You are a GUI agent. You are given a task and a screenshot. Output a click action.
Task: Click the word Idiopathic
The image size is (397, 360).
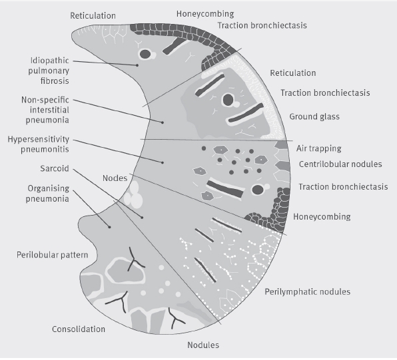[x=49, y=61]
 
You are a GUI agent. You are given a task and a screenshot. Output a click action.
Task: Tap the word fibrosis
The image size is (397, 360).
[x=55, y=81]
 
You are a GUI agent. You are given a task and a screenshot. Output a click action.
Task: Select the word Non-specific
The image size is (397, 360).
[x=45, y=100]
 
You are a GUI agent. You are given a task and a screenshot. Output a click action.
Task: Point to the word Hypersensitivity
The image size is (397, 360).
[x=38, y=139]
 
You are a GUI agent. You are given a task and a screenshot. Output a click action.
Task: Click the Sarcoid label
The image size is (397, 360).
[x=55, y=168]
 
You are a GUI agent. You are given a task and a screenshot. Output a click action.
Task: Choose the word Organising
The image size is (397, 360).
[x=49, y=189]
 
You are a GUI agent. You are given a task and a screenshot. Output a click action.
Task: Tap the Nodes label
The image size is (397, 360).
[x=115, y=178]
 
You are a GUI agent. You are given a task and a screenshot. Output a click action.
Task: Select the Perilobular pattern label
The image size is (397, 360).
[x=53, y=255]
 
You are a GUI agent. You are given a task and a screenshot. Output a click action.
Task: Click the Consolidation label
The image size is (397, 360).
[x=79, y=329]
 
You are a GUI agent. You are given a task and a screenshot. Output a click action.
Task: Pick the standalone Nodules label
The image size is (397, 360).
[x=203, y=345]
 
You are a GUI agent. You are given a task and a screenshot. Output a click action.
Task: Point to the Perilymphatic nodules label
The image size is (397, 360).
[x=308, y=292]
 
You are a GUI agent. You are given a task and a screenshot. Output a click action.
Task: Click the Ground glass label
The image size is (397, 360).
[x=314, y=116]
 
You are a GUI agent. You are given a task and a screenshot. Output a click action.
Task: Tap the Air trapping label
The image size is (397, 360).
[x=319, y=148]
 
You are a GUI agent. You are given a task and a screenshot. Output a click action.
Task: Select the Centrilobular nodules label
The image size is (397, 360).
[x=340, y=164]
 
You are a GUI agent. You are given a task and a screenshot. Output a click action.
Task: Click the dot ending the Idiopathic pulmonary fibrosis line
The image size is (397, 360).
[x=137, y=65]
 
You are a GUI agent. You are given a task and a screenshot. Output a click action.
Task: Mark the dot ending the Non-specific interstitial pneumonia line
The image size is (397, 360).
[x=163, y=122]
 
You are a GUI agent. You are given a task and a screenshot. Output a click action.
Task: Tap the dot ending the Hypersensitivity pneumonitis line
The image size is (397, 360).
[x=163, y=162]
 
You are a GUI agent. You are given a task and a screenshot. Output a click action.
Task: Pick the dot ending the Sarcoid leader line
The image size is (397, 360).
[x=142, y=218]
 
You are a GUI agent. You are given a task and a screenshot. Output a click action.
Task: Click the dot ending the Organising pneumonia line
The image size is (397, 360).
[x=110, y=227]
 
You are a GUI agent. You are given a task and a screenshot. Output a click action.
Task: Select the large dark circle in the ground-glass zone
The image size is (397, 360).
[x=228, y=100]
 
